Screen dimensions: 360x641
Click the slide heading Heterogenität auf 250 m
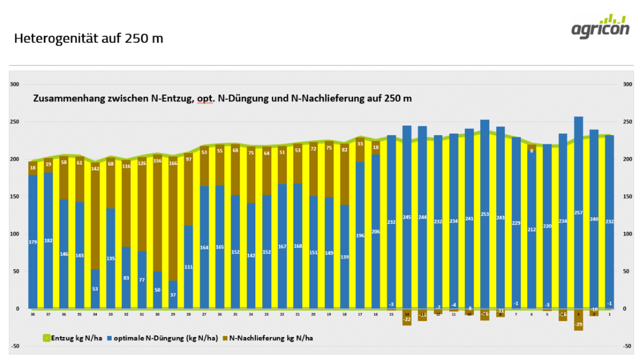89,39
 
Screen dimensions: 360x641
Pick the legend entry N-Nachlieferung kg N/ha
270,338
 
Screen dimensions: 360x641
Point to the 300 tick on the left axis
15,85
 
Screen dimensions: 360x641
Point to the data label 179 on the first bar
33,242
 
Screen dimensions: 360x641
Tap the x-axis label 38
33,314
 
